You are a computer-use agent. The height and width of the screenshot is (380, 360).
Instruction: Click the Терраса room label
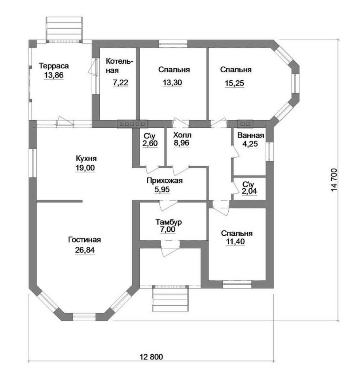(54, 66)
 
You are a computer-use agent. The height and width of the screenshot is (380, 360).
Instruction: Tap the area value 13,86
(54, 76)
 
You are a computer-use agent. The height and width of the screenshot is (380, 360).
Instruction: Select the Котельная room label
(119, 66)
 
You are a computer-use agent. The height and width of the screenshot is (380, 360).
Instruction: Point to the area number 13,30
(172, 83)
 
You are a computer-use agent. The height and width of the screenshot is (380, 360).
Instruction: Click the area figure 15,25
(235, 83)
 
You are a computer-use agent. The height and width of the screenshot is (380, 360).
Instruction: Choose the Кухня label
(86, 159)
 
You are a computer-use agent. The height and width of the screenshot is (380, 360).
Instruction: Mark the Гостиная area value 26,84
(85, 250)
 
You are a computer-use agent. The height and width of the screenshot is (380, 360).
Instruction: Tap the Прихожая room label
(165, 181)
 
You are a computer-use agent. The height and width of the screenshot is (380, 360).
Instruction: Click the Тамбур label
(169, 222)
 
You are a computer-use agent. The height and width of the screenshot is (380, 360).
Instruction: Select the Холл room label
(182, 135)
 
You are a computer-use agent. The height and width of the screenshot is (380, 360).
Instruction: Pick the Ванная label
(251, 135)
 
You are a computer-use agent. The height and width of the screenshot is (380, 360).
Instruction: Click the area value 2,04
(249, 191)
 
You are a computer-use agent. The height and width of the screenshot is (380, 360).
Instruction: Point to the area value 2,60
(150, 144)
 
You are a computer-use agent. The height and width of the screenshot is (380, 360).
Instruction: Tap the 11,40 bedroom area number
(235, 242)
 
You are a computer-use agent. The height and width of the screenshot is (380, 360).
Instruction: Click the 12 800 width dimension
(151, 357)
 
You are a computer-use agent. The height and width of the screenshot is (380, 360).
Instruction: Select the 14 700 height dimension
(334, 180)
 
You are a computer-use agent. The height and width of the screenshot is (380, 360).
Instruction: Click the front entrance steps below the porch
(170, 298)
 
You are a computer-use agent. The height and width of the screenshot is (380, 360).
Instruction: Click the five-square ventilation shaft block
(133, 124)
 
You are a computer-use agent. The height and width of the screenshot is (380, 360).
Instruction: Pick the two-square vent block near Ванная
(245, 124)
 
